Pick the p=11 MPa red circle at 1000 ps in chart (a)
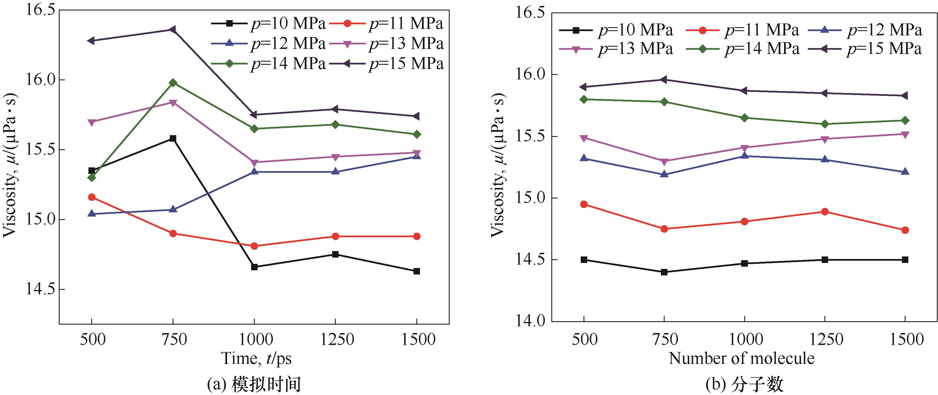[254, 246]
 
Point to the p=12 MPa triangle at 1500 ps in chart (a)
[417, 156]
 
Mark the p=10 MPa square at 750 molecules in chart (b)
[664, 272]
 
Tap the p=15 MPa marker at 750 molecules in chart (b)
[664, 79]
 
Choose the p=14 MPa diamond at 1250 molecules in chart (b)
[825, 124]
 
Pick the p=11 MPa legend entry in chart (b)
[743, 30]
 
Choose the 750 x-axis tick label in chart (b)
[664, 340]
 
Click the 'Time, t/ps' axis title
[257, 359]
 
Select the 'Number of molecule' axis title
[741, 359]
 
